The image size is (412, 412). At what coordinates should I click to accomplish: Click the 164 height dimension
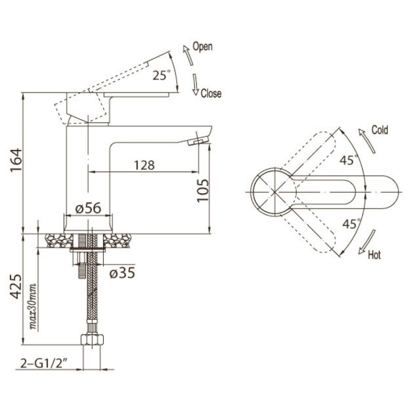pos(16,160)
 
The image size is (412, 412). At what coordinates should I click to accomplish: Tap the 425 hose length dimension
pos(16,287)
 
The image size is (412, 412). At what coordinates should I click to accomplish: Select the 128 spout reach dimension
pos(144,165)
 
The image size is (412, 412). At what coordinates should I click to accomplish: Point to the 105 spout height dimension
pos(203,191)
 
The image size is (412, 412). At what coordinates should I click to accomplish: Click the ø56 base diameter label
pos(88,208)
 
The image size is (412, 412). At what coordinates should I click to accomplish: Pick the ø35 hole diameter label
pos(122,273)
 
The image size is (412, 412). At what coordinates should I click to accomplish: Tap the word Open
pos(202,47)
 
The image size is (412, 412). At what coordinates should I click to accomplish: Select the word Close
pos(211,93)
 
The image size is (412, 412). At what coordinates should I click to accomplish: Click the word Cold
pos(379,130)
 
